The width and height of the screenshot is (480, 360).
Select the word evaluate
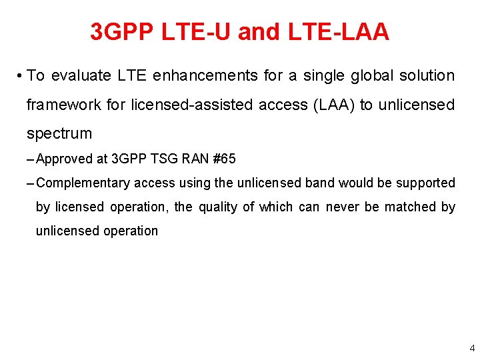pyautogui.click(x=81, y=76)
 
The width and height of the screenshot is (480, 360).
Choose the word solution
pyautogui.click(x=427, y=76)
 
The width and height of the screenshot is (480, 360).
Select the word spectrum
pyautogui.click(x=59, y=133)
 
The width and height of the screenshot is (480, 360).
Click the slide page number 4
pyautogui.click(x=472, y=348)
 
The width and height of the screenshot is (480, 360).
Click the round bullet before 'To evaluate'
pyautogui.click(x=21, y=76)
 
